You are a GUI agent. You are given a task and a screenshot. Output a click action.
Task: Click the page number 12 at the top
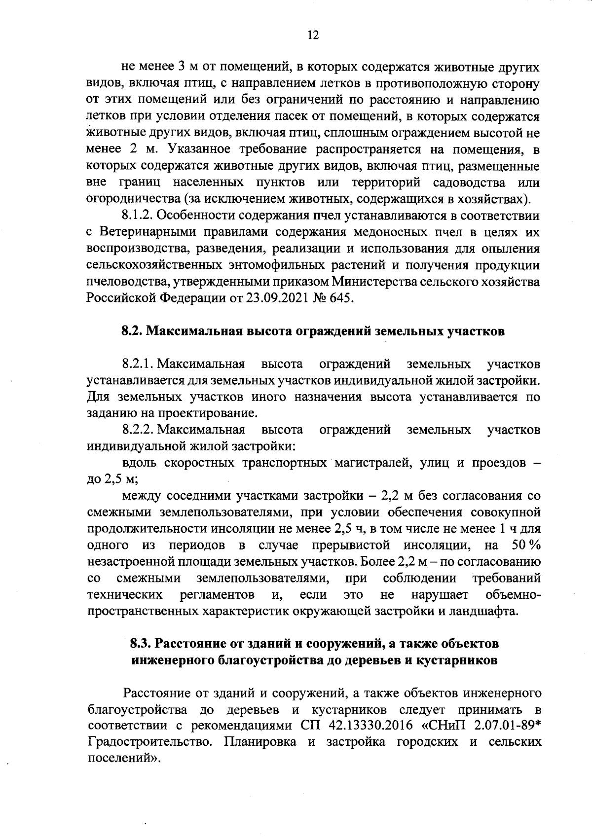pyautogui.click(x=313, y=35)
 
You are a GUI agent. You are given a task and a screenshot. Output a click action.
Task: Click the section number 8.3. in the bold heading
pyautogui.click(x=142, y=644)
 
